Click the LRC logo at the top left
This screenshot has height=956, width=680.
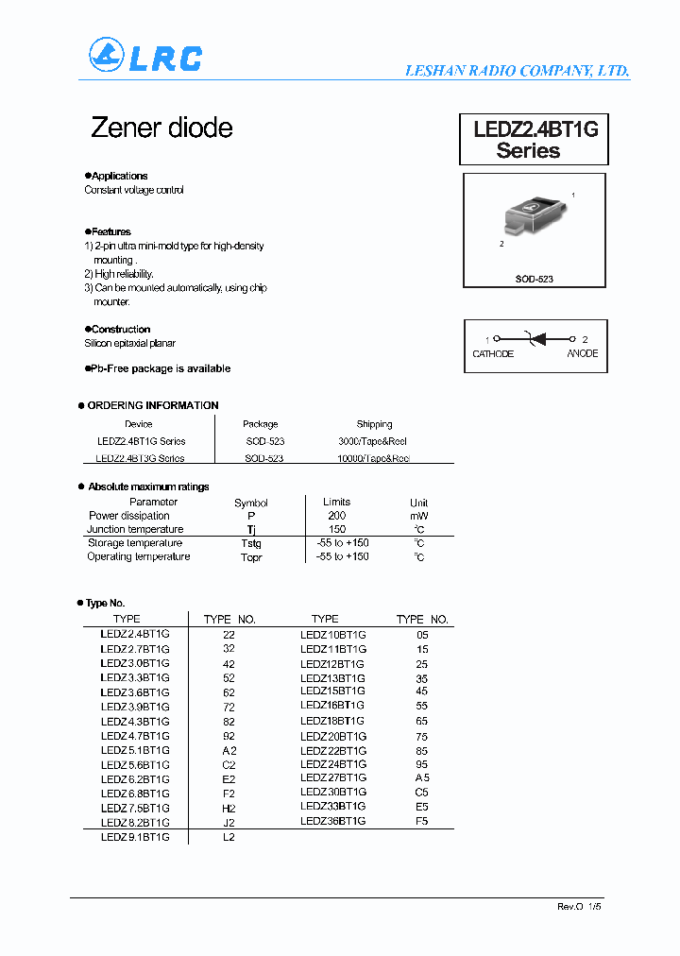pyautogui.click(x=144, y=57)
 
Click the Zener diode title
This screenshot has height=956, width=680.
pyautogui.click(x=161, y=128)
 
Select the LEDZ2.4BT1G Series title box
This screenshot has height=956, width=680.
pyautogui.click(x=535, y=140)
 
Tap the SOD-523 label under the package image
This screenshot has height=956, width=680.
pyautogui.click(x=534, y=280)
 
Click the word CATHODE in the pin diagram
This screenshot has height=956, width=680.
pyautogui.click(x=493, y=353)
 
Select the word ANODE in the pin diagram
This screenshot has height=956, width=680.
pyautogui.click(x=582, y=353)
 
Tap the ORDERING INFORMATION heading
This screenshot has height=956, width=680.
pyautogui.click(x=152, y=405)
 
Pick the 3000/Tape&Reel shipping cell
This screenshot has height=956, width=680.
pyautogui.click(x=374, y=441)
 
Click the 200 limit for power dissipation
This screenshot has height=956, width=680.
pyautogui.click(x=336, y=516)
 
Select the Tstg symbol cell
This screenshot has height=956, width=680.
pyautogui.click(x=251, y=543)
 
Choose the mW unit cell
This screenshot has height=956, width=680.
pyautogui.click(x=418, y=516)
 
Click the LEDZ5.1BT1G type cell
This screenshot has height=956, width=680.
pyautogui.click(x=135, y=750)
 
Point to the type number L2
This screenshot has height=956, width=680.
pyautogui.click(x=229, y=837)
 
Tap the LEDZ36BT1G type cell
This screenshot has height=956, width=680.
pyautogui.click(x=332, y=821)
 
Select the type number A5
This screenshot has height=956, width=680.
pyautogui.click(x=422, y=778)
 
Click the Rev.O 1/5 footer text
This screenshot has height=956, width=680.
pyautogui.click(x=579, y=906)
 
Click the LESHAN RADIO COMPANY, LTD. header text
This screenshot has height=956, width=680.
pyautogui.click(x=517, y=71)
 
